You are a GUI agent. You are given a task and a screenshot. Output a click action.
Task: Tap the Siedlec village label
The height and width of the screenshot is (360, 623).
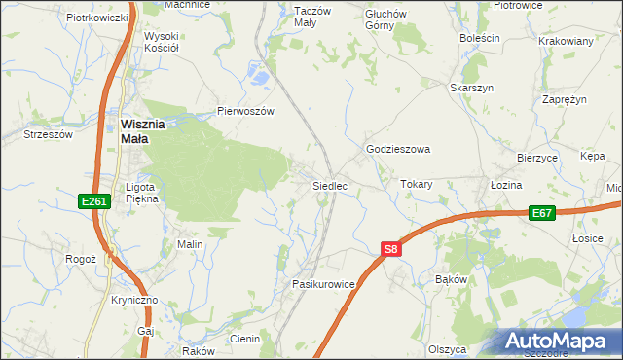click(x=329, y=185)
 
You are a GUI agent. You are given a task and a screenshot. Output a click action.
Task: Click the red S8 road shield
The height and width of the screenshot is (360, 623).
click(x=390, y=250)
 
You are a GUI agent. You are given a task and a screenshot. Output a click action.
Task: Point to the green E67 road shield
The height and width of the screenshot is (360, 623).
click(x=542, y=213)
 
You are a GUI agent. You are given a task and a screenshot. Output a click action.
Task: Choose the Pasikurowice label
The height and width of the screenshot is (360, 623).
click(x=323, y=283)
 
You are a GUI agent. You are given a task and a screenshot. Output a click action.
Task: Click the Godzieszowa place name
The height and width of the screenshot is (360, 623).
click(x=397, y=150)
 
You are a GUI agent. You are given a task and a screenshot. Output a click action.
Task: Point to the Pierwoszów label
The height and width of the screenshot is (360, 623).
click(x=247, y=111)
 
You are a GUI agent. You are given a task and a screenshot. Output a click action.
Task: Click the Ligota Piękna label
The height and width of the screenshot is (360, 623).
click(x=142, y=192)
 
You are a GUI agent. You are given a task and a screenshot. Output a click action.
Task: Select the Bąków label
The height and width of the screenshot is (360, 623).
click(x=453, y=279)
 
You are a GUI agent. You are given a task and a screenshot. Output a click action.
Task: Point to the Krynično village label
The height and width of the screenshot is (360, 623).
click(x=134, y=300)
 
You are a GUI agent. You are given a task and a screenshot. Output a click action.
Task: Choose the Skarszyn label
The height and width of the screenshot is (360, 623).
click(x=471, y=88)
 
